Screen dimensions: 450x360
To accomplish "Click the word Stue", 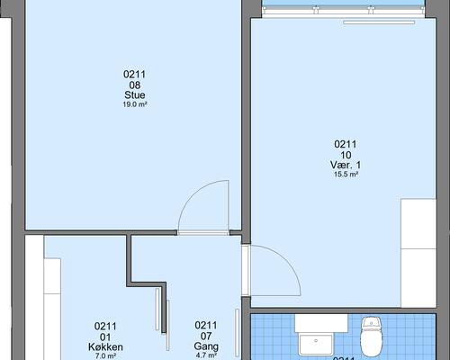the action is (135, 95).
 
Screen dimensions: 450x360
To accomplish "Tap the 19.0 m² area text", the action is (135, 104).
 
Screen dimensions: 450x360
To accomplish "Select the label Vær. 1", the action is (346, 165).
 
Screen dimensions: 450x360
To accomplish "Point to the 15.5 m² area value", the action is (346, 175).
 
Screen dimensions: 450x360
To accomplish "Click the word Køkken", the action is (105, 347).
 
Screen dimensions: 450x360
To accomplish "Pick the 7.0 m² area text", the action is (105, 356).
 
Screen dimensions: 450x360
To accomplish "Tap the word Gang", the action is (206, 346).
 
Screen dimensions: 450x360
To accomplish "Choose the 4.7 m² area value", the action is (206, 355).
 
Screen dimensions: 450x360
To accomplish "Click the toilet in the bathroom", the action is (371, 337).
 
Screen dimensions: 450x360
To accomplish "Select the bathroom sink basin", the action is (316, 345).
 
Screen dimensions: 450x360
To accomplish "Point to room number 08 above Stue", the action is (135, 85).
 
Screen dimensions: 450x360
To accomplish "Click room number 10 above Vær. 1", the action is (346, 155).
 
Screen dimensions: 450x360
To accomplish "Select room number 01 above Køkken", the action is (105, 337).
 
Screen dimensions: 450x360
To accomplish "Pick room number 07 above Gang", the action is (206, 336).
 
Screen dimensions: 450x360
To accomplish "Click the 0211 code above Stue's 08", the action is (135, 74).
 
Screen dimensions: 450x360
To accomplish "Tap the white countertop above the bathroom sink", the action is (321, 323).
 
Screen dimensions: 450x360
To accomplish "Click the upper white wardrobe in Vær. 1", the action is (418, 223).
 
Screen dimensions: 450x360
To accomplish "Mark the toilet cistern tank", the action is (372, 324).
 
